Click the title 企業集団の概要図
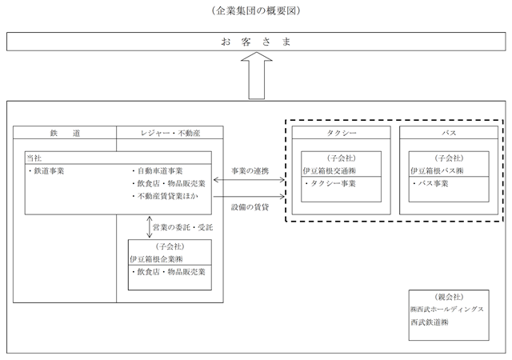256,10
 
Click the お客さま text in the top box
256,42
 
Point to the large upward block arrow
257,75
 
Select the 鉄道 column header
65,133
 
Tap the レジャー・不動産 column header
170,133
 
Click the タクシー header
342,133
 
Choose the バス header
449,133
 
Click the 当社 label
34,158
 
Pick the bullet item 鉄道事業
46,171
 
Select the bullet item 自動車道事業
158,171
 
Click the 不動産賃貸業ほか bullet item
166,196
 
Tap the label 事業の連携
250,171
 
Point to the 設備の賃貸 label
250,207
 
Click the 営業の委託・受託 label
182,227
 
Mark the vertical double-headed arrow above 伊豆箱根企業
150,227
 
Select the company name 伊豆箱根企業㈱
156,259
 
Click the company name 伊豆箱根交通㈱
329,171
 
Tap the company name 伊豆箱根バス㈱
437,171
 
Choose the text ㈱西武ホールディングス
447,310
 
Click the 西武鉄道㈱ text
430,322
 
